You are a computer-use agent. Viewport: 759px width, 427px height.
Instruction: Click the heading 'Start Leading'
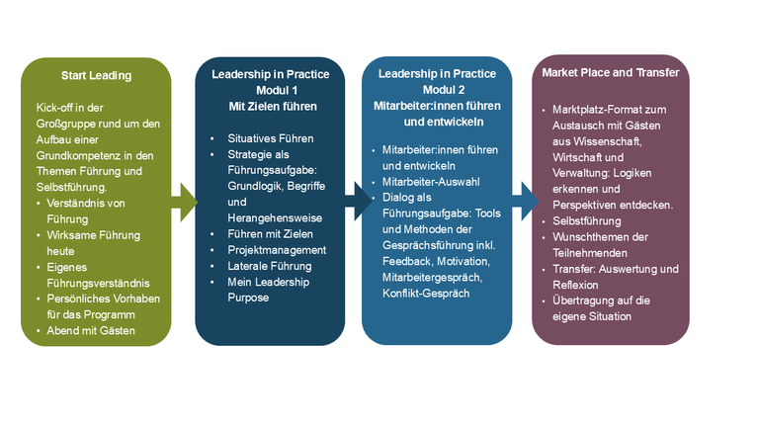pos(96,74)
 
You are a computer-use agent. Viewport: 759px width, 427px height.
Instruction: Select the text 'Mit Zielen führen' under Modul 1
pos(270,106)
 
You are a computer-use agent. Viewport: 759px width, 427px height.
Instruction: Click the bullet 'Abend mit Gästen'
pos(91,330)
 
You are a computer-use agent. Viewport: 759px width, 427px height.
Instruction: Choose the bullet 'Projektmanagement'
pos(274,250)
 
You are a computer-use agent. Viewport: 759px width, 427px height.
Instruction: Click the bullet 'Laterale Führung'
pos(268,266)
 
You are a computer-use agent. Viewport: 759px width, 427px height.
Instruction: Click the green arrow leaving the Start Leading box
pos(184,203)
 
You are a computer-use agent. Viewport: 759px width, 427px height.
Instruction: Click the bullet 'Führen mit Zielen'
pos(271,234)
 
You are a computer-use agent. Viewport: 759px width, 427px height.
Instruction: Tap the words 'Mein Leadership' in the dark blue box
pos(269,282)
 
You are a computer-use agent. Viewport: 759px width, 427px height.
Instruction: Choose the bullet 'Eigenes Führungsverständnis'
pos(96,275)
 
